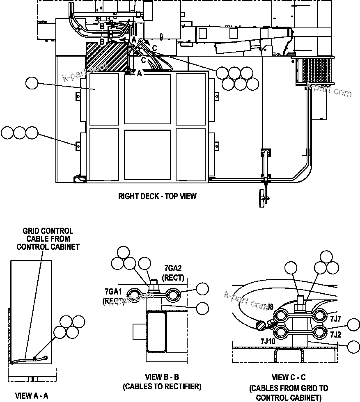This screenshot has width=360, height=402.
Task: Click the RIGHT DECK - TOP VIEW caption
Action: click(x=157, y=196)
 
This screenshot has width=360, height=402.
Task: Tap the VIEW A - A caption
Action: click(x=32, y=396)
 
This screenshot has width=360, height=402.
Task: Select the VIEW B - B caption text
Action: click(x=162, y=377)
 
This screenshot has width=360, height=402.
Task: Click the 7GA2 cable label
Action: click(x=173, y=269)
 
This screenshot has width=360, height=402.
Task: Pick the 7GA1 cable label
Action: click(x=113, y=292)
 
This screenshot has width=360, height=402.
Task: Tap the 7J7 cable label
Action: click(x=335, y=318)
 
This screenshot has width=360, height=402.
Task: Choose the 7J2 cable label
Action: click(x=335, y=334)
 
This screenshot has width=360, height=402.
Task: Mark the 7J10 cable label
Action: click(x=268, y=341)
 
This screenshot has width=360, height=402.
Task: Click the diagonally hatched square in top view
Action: click(x=107, y=56)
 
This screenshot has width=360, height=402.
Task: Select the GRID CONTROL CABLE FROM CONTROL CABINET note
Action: click(x=48, y=239)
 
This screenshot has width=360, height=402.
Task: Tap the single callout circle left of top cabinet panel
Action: click(x=32, y=83)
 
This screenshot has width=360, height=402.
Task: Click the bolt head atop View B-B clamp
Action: click(x=155, y=284)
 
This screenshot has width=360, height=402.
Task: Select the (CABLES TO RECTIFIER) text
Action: click(x=162, y=386)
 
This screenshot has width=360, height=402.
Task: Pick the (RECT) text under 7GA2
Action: click(x=173, y=278)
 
